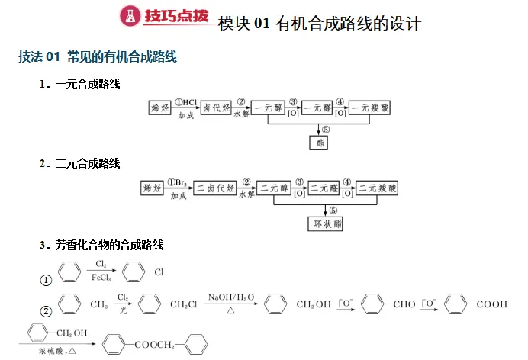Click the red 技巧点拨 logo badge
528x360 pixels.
(x=163, y=17)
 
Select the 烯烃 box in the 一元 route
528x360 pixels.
(x=160, y=108)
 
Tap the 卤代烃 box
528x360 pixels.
(x=217, y=108)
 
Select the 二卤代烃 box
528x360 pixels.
(x=215, y=188)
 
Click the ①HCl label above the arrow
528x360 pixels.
(x=186, y=102)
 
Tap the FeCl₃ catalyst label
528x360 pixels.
(x=101, y=278)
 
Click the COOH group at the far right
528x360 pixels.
(x=492, y=305)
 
